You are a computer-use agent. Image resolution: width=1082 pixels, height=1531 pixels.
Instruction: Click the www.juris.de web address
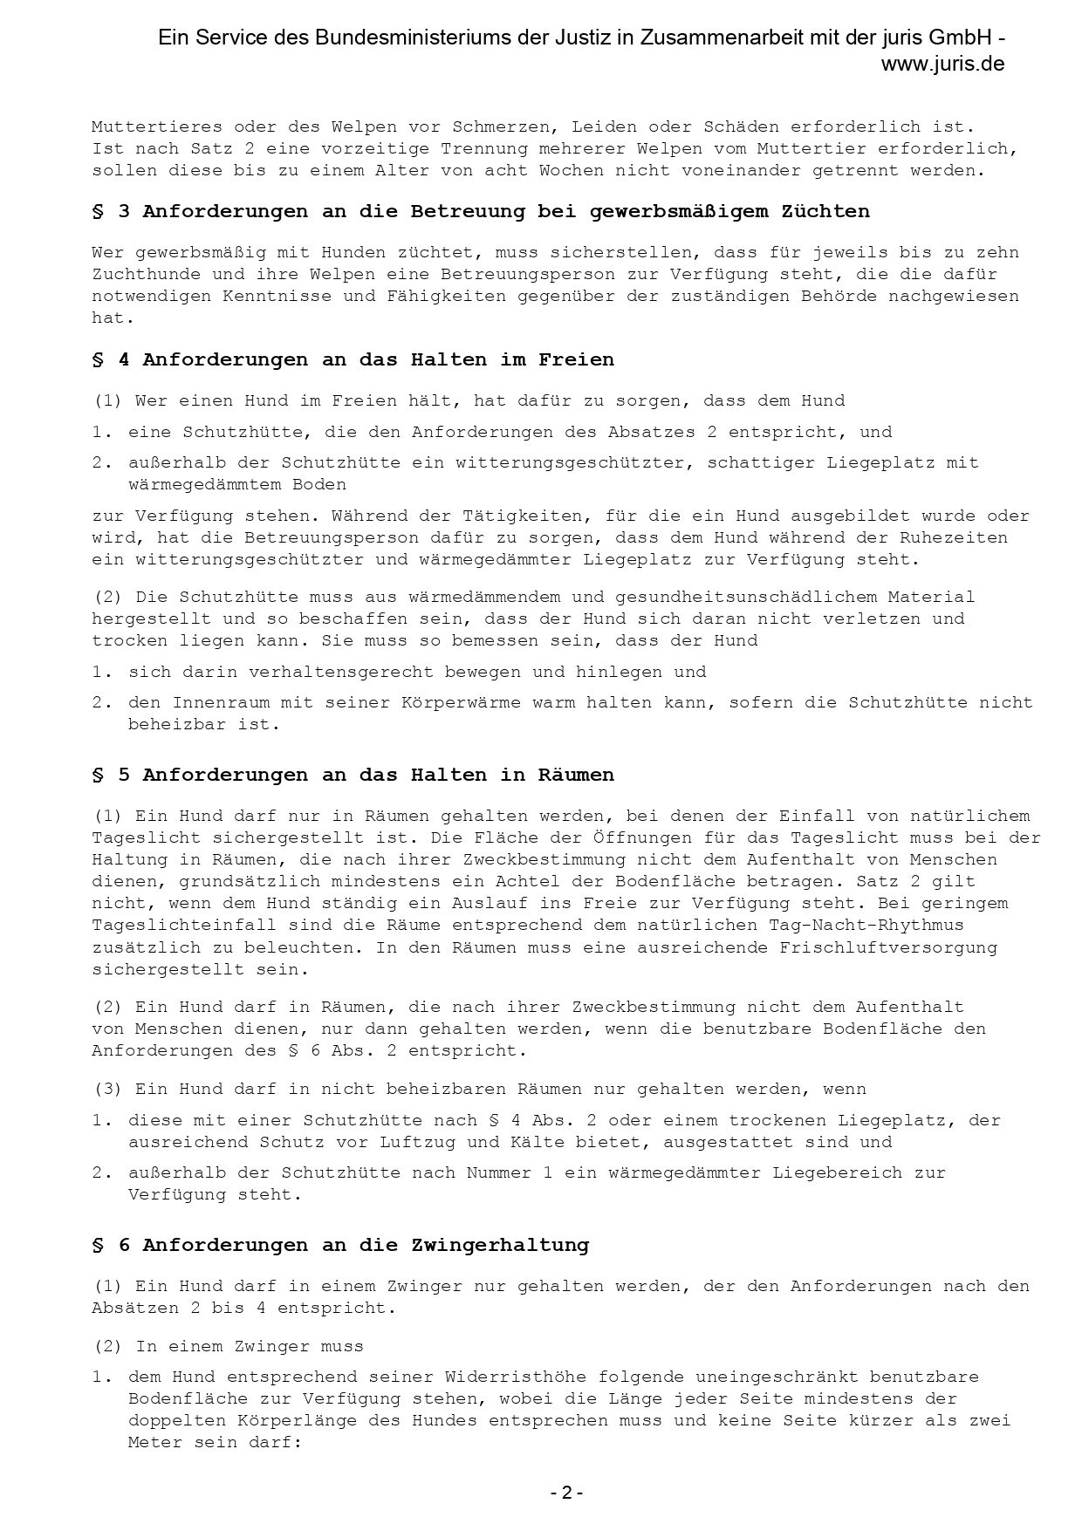tap(942, 64)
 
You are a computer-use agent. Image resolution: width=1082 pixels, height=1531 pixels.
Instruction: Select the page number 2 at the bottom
tap(566, 1493)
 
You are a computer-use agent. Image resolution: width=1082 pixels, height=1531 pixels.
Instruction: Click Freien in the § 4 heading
tap(576, 359)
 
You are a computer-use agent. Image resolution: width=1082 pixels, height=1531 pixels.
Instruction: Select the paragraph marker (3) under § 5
tap(108, 1089)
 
